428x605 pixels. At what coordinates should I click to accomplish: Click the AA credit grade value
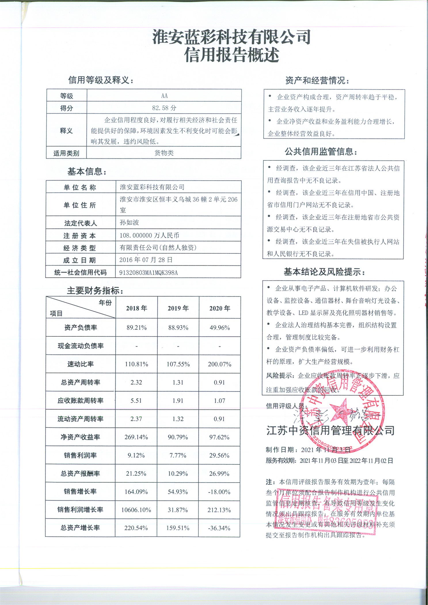[x=164, y=96]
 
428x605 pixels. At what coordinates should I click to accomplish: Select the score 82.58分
[x=164, y=108]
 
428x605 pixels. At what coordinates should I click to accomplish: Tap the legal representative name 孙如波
[x=129, y=223]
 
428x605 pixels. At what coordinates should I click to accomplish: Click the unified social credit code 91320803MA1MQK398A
[x=148, y=273]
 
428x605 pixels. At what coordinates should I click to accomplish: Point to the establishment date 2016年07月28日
[x=146, y=260]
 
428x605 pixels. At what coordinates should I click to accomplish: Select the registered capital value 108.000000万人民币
[x=149, y=236]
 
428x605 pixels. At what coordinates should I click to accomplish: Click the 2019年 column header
[x=178, y=308]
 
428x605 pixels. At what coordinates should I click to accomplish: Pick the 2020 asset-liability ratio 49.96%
[x=220, y=328]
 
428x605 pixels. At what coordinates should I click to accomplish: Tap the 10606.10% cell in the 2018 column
[x=136, y=510]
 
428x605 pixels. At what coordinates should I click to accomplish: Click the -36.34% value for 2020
[x=219, y=528]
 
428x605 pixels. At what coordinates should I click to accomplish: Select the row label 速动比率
[x=81, y=364]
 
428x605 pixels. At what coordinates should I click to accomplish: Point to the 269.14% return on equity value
[x=136, y=437]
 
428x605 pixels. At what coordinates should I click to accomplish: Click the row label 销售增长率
[x=80, y=491]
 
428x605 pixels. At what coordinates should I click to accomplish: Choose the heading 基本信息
[x=87, y=172]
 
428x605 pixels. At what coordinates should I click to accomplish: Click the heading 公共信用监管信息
[x=321, y=152]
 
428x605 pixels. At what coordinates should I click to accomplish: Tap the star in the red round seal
[x=340, y=411]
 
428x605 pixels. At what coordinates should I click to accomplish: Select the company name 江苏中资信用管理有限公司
[x=330, y=430]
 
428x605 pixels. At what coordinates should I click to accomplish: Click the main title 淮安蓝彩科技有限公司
[x=231, y=37]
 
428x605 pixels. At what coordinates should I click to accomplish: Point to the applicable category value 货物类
[x=164, y=153]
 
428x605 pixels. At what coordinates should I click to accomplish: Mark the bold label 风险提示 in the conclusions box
[x=280, y=376]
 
